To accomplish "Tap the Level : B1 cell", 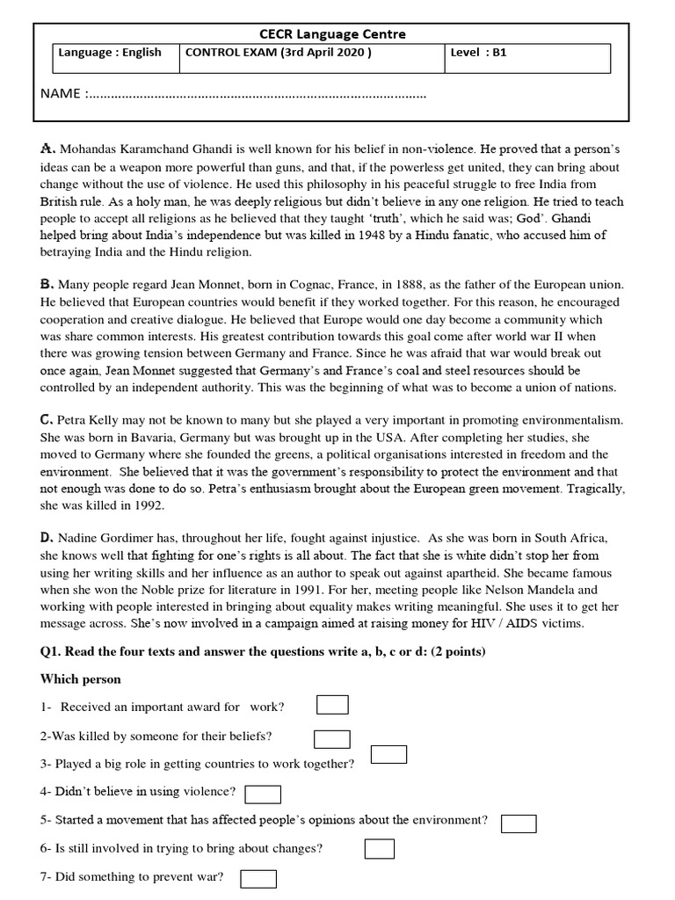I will click(478, 53).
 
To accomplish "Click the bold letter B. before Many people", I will click(48, 284).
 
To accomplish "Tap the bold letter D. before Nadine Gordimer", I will click(48, 537).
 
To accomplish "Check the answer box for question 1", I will click(332, 705).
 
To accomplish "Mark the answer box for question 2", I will click(331, 739).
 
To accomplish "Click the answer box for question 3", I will click(388, 755).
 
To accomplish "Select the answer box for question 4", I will click(263, 795).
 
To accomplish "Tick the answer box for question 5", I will click(519, 823).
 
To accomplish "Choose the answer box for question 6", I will click(379, 849).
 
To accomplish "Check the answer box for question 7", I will click(258, 878).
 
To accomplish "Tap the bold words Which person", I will click(81, 679).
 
